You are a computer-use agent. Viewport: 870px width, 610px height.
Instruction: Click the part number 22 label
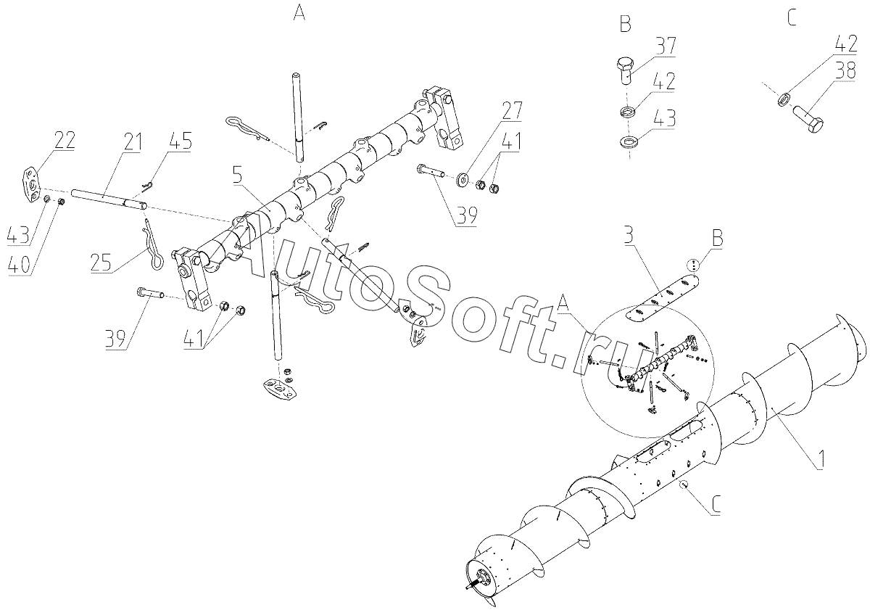[x=65, y=140]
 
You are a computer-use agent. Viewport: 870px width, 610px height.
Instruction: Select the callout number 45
[x=181, y=141]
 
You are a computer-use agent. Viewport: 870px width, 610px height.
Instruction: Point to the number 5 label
[x=237, y=175]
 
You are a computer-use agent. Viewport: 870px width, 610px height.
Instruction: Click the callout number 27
[x=512, y=111]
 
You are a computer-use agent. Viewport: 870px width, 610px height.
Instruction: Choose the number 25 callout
[x=101, y=262]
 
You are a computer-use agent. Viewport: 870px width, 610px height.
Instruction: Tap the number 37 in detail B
[x=665, y=46]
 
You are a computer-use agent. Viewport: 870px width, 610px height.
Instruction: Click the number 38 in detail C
[x=845, y=72]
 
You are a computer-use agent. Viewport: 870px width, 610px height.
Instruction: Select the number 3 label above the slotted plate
[x=629, y=236]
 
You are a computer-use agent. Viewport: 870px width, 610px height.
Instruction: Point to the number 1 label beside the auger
[x=819, y=460]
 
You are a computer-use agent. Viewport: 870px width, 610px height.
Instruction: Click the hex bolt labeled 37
[x=625, y=76]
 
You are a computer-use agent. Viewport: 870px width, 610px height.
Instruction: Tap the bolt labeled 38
[x=808, y=119]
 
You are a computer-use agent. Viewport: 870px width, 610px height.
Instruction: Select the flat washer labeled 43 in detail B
[x=628, y=141]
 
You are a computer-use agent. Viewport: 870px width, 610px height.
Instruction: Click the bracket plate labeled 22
[x=30, y=184]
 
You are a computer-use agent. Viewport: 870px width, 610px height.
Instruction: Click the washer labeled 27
[x=463, y=179]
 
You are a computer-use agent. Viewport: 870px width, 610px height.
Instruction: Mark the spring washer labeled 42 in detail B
[x=628, y=112]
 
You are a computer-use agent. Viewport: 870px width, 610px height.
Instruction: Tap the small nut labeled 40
[x=61, y=202]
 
